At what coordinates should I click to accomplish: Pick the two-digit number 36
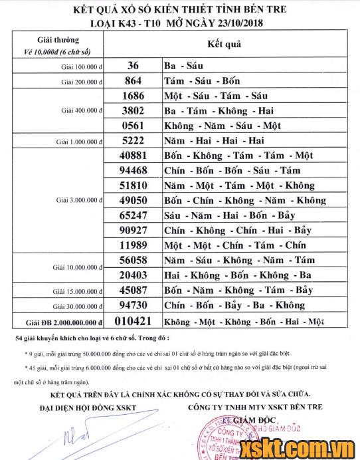coord(133,66)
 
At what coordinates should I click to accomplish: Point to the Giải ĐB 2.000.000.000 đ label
coord(64,322)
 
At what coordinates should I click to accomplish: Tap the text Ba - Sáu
coord(182,66)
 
